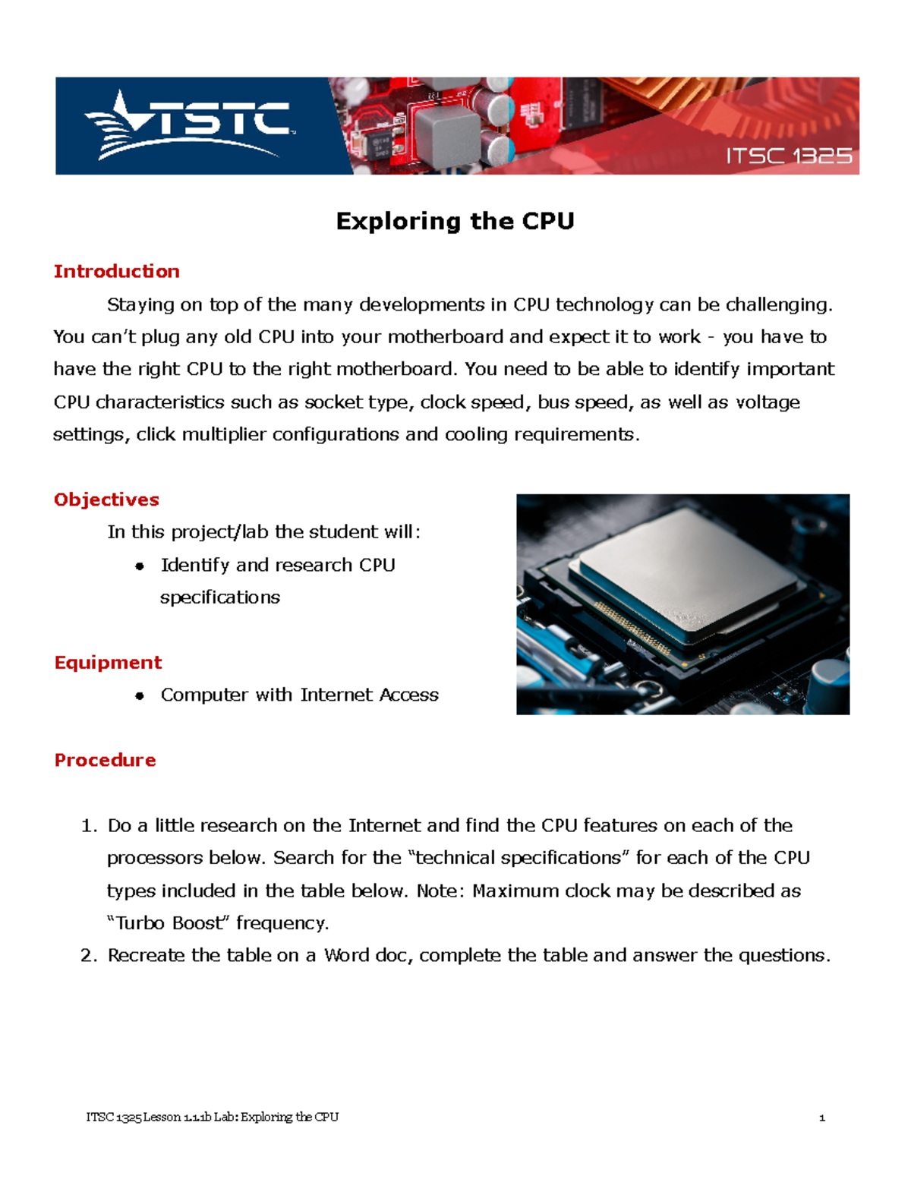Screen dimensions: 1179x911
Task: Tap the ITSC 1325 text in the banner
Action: [788, 156]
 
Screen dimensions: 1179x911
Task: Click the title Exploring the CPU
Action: [455, 221]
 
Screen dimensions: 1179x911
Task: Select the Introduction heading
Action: [116, 271]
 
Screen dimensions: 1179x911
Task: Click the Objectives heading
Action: [106, 500]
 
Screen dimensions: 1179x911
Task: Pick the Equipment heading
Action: [108, 662]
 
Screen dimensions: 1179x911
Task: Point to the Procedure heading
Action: [105, 760]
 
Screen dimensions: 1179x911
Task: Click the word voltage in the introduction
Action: [768, 402]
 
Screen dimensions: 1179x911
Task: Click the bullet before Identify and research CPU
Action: [139, 566]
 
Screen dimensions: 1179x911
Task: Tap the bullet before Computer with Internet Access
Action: [139, 696]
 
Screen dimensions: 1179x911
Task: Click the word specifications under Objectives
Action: [219, 597]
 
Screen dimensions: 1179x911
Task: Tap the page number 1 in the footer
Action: [821, 1118]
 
